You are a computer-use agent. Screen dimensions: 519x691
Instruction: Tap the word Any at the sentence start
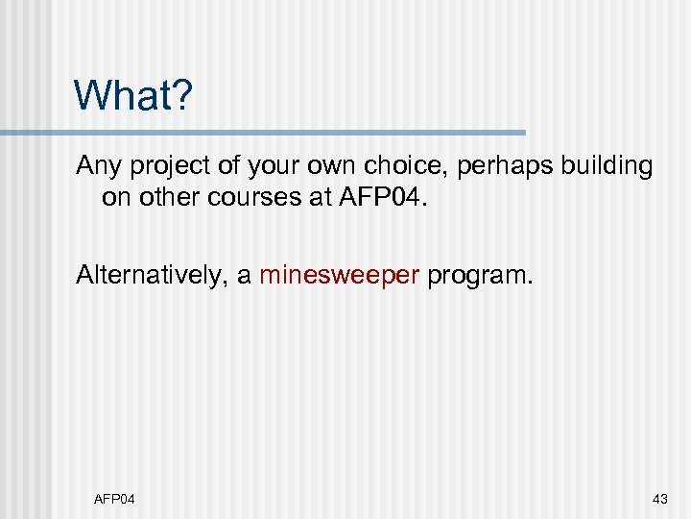click(95, 166)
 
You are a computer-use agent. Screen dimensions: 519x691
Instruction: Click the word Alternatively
click(154, 276)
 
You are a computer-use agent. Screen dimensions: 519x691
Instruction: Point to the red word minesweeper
click(340, 276)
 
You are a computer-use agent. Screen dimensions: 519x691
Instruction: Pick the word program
click(479, 277)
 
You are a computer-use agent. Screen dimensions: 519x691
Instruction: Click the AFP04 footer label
click(114, 498)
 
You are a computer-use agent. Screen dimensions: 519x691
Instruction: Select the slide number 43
click(659, 498)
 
